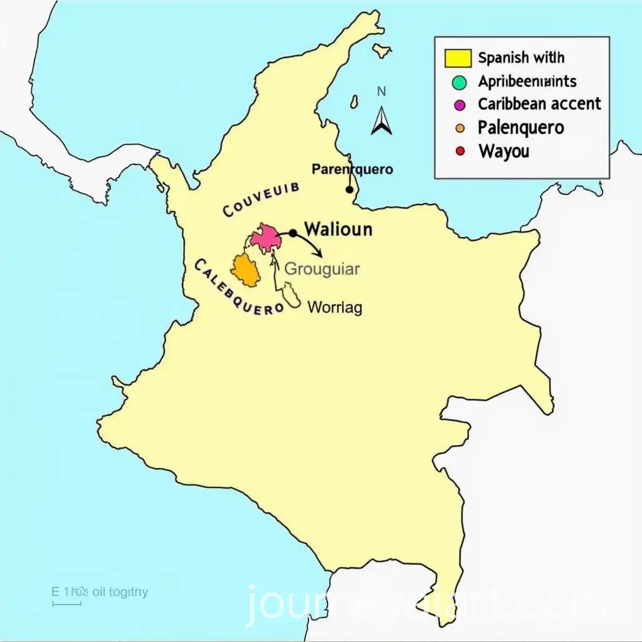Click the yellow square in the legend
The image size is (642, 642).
point(458,58)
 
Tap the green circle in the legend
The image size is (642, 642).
point(460,82)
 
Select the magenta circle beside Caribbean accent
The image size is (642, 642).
point(460,104)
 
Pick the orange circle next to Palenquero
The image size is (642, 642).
point(460,128)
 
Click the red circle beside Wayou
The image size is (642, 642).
point(460,151)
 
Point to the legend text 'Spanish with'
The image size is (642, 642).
point(521,58)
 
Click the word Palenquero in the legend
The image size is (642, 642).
point(520,127)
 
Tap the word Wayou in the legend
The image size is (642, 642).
point(503,151)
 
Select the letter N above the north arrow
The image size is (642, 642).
point(381,92)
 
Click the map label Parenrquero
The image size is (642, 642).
point(352,169)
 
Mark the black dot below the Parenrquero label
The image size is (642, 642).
point(349,189)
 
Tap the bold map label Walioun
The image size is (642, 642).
point(337,229)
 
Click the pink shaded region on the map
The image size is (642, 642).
point(265,237)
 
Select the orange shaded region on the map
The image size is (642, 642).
point(245,270)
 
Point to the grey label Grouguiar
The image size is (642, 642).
point(322,269)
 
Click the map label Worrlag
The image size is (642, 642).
point(335,307)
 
